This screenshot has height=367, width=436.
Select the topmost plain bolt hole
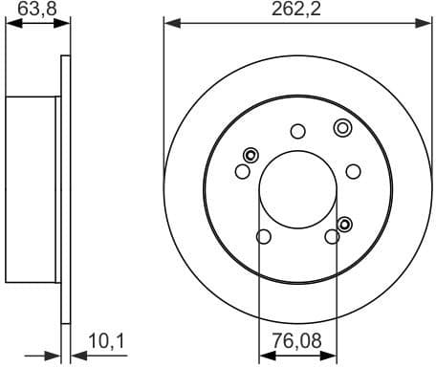point(297,131)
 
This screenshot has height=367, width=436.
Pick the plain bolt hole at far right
point(353,171)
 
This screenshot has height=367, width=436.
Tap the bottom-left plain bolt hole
point(264,236)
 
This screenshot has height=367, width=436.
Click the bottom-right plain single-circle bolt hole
point(332,236)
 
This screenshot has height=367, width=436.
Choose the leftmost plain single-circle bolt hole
point(242,171)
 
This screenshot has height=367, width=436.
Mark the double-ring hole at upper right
point(341,127)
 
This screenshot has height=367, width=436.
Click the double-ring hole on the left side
point(251,156)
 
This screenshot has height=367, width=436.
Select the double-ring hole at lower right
point(345,225)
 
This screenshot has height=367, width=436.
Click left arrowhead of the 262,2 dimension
point(168,21)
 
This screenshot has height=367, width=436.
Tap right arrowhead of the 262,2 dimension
point(427,21)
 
